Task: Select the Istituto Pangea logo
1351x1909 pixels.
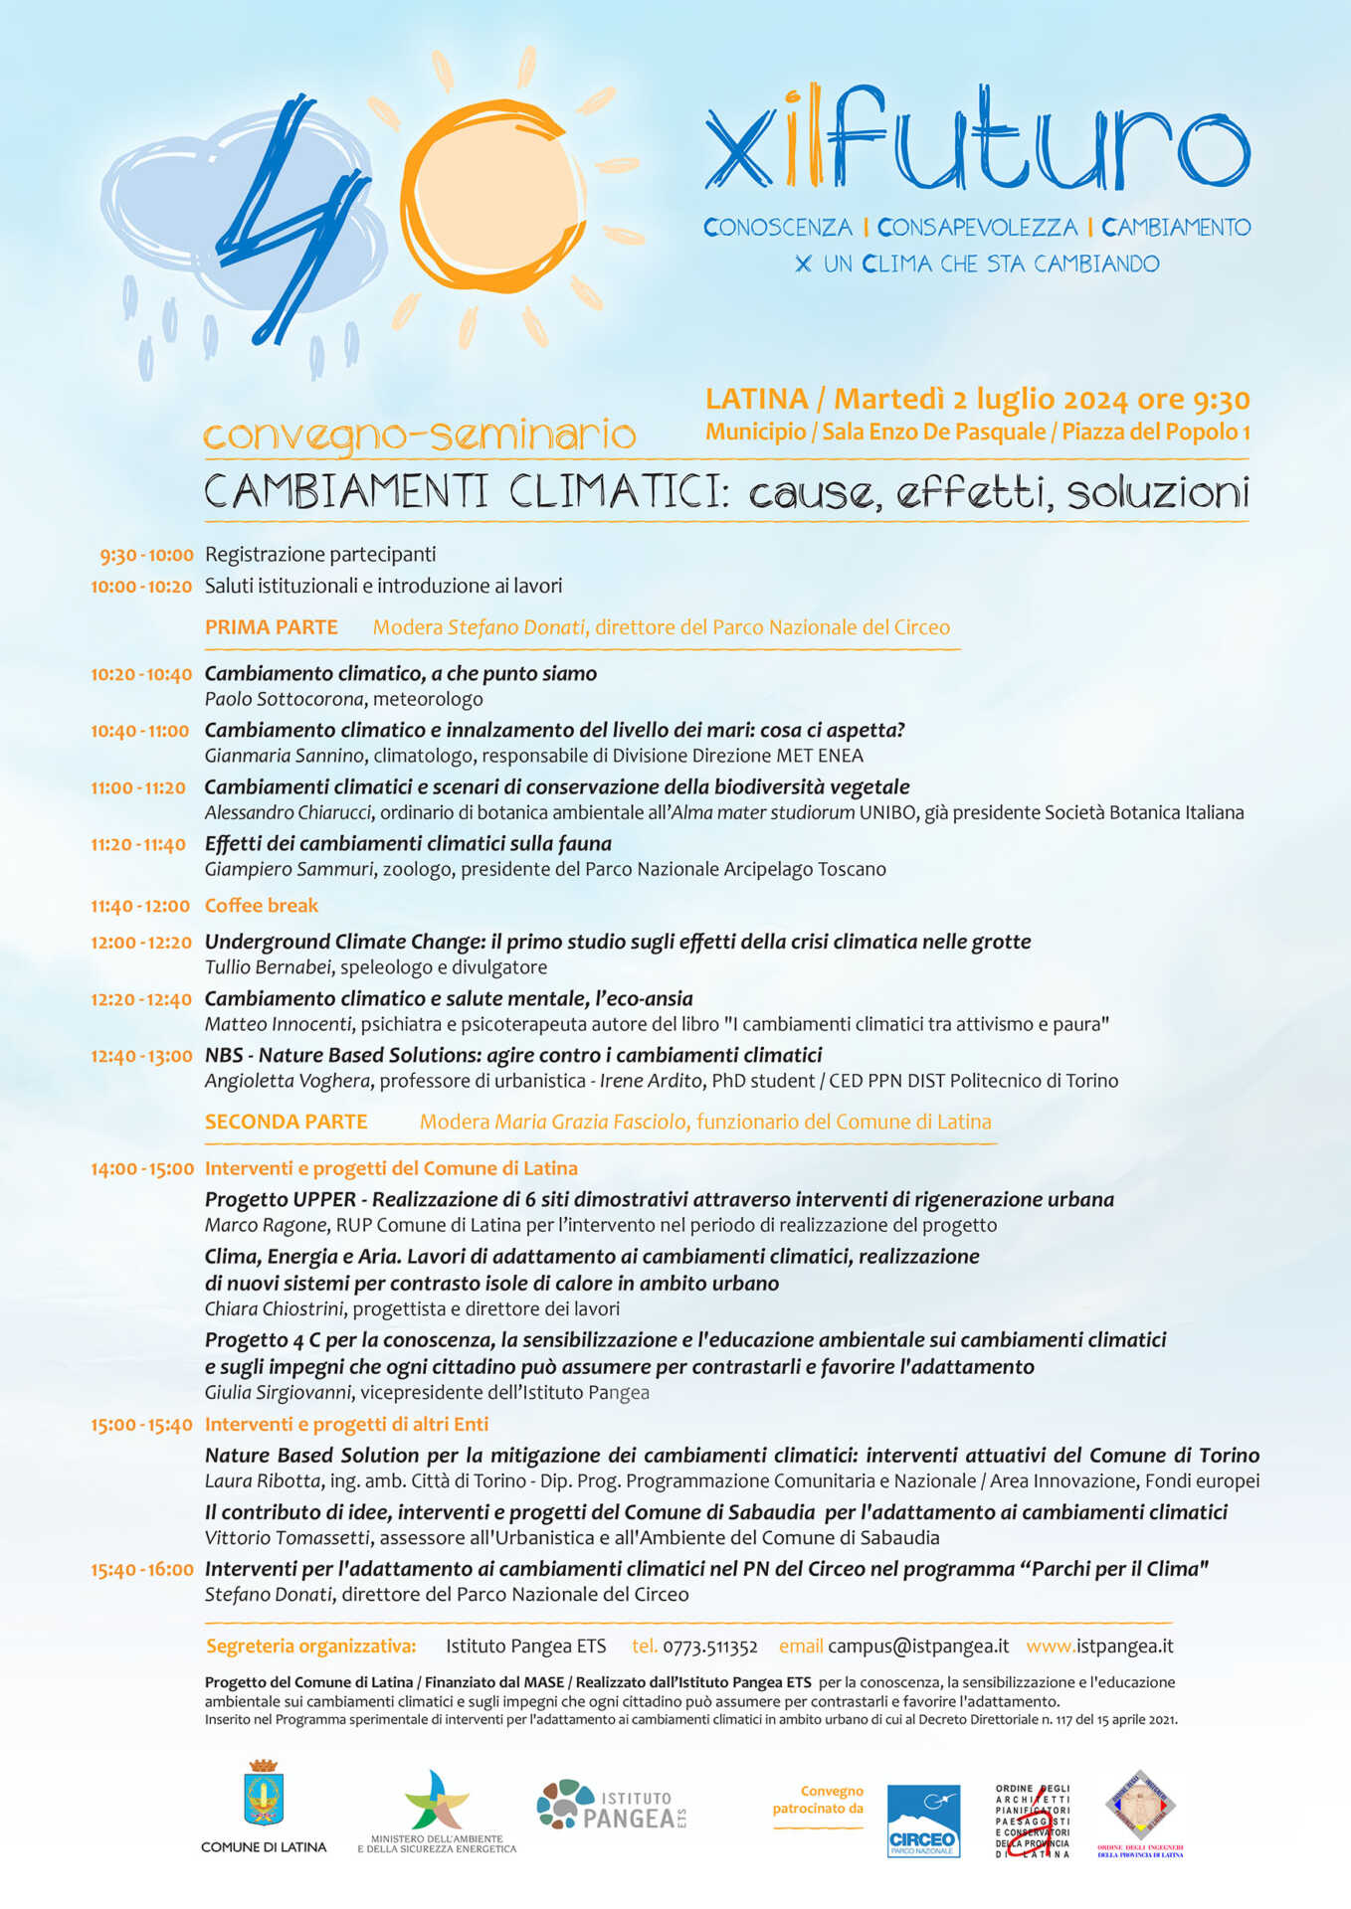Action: click(x=612, y=1806)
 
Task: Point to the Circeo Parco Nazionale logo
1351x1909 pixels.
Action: click(x=923, y=1821)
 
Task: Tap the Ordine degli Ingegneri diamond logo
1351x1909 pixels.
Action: click(x=1140, y=1806)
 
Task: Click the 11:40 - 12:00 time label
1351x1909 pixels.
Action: click(x=140, y=907)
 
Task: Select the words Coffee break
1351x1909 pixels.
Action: click(x=262, y=906)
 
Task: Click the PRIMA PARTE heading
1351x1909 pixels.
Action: click(x=272, y=627)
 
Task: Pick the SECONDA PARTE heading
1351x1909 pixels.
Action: click(x=287, y=1122)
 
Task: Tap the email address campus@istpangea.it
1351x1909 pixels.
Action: click(x=918, y=1647)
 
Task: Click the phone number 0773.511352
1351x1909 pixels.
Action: click(x=710, y=1647)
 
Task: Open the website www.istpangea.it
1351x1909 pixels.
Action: click(x=1099, y=1647)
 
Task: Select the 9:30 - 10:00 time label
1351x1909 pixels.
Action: click(x=146, y=555)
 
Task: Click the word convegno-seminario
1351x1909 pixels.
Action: click(x=419, y=435)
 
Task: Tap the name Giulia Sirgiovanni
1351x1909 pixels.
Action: click(x=278, y=1393)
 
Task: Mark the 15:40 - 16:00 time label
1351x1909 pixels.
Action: click(x=142, y=1570)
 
